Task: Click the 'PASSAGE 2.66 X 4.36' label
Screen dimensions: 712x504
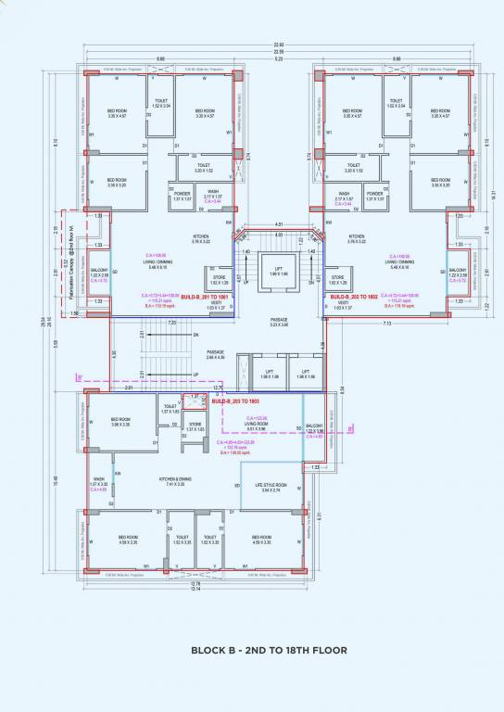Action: coord(217,355)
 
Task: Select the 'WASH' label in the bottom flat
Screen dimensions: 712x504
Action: coord(98,481)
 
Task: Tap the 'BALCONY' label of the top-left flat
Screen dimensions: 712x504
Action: coord(98,273)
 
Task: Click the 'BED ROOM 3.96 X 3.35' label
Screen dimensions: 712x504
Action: coord(121,421)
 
